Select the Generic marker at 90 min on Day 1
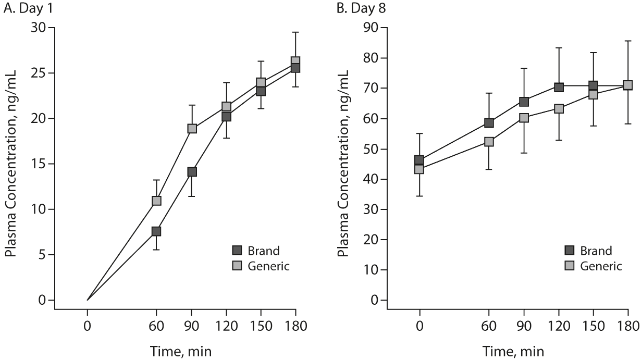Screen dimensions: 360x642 pos(192,128)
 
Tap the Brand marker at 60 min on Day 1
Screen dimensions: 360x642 pos(156,231)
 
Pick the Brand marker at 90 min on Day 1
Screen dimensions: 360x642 pos(192,172)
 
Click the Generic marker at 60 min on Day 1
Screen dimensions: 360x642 pos(156,201)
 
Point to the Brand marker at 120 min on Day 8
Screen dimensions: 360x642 pos(559,87)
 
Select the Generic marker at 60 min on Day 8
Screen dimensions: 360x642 pos(489,142)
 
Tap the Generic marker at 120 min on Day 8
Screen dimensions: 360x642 pos(559,109)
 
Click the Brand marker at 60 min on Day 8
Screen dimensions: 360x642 pos(489,123)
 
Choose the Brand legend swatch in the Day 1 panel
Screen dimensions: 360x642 pos(238,250)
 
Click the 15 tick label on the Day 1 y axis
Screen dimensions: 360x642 pos(38,164)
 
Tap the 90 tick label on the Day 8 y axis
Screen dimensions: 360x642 pos(371,28)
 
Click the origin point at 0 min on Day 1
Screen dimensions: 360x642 pos(88,300)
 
